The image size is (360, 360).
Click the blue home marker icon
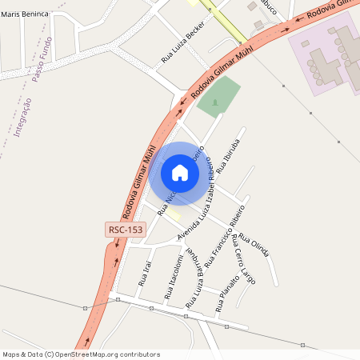pyautogui.click(x=180, y=172)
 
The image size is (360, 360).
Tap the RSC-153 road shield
pyautogui.click(x=126, y=230)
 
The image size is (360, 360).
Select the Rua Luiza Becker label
pyautogui.click(x=183, y=42)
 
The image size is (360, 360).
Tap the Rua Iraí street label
pyautogui.click(x=145, y=272)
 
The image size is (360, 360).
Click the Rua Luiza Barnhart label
pyautogui.click(x=195, y=278)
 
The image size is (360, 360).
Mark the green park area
pyautogui.click(x=219, y=97)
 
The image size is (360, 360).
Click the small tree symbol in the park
pyautogui.click(x=214, y=104)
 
